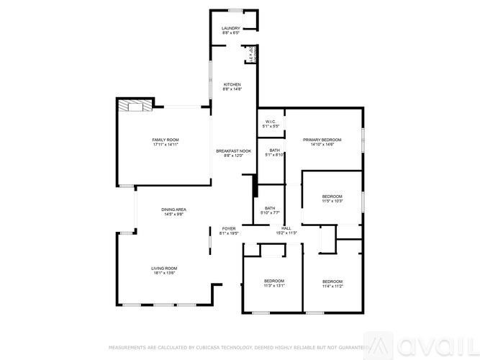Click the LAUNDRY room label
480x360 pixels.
[230, 28]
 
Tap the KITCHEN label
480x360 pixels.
[231, 84]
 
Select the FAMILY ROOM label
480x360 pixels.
[165, 139]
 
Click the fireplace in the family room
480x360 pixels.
[135, 105]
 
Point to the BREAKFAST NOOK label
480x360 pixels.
[234, 150]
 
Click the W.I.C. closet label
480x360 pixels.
[271, 121]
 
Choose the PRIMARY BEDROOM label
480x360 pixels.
[322, 139]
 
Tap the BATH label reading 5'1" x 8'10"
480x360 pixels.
[275, 150]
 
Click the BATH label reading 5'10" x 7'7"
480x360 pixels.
[270, 208]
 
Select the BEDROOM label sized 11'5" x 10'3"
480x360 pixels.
[332, 197]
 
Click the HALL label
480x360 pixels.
[286, 228]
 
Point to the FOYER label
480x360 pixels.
[228, 228]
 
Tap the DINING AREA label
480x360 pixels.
[176, 209]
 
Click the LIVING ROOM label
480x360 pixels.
[165, 268]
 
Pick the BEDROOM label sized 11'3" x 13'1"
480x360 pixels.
[273, 280]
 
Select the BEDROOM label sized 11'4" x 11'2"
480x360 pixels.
[332, 281]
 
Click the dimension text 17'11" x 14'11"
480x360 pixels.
[165, 145]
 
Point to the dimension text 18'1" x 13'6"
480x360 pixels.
[165, 274]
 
